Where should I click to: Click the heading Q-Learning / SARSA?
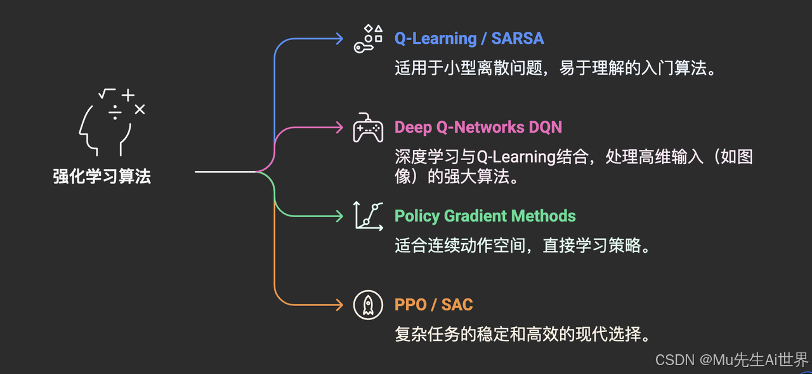click(469, 38)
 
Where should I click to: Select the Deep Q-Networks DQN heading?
click(478, 127)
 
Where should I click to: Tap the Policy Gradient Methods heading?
click(485, 216)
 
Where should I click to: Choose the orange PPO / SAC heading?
click(433, 305)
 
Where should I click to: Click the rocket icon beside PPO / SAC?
click(368, 305)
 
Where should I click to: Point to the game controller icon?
click(368, 128)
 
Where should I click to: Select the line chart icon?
click(368, 216)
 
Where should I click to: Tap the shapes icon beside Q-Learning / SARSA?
click(369, 38)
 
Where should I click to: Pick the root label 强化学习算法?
click(102, 177)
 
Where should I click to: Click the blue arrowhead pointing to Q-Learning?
click(339, 38)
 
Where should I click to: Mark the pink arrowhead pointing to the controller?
click(339, 127)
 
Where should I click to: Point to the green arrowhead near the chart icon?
click(339, 216)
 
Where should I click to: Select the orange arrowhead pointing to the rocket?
click(339, 305)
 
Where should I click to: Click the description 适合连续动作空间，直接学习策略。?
click(523, 246)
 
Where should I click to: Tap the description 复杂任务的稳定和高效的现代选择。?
click(523, 335)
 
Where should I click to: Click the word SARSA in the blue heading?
click(517, 38)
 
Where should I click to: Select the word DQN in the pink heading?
click(546, 127)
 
